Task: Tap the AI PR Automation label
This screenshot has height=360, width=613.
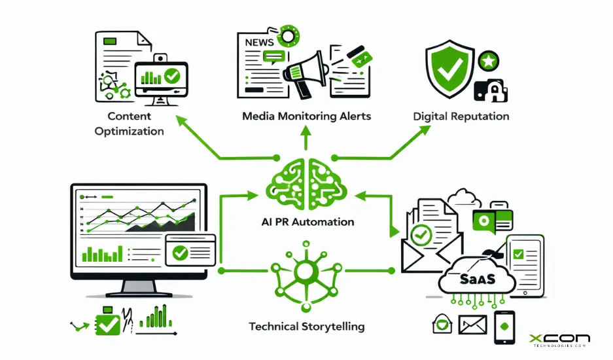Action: point(306,222)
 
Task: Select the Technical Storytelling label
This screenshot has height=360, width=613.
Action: point(307,326)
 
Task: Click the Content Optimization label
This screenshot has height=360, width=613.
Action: point(129,124)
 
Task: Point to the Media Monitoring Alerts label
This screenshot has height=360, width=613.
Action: point(306,117)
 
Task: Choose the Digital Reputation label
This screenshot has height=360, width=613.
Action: point(461,117)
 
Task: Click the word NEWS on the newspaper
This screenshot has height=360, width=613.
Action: point(260,42)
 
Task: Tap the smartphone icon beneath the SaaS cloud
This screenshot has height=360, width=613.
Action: point(504,327)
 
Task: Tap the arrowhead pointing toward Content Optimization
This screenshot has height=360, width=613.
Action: point(179,120)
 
